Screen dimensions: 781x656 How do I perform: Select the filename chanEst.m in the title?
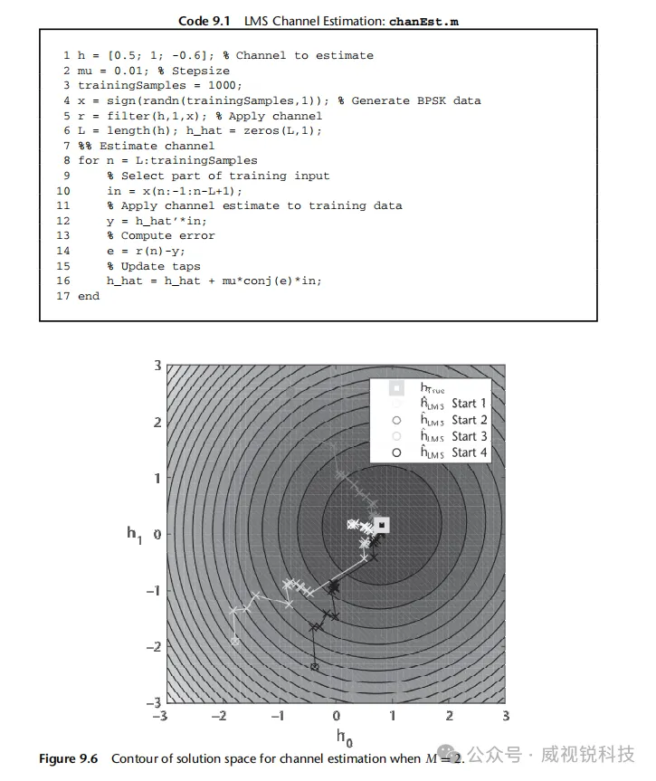click(423, 21)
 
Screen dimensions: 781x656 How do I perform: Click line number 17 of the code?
click(62, 296)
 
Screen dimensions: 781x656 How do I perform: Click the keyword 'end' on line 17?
click(89, 296)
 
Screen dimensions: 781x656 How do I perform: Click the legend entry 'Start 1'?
click(469, 404)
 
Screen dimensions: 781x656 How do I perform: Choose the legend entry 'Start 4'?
click(469, 452)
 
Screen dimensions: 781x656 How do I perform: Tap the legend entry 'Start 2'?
click(469, 420)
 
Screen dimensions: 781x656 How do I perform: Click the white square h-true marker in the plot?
click(382, 525)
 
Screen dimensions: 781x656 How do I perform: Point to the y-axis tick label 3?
click(156, 366)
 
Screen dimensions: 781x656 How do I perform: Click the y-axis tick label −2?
click(153, 646)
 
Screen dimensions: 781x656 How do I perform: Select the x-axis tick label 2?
click(449, 716)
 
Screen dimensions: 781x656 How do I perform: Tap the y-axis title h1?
click(135, 534)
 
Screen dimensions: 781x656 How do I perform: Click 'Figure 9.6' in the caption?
click(68, 758)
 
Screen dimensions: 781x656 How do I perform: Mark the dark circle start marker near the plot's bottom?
click(314, 667)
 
